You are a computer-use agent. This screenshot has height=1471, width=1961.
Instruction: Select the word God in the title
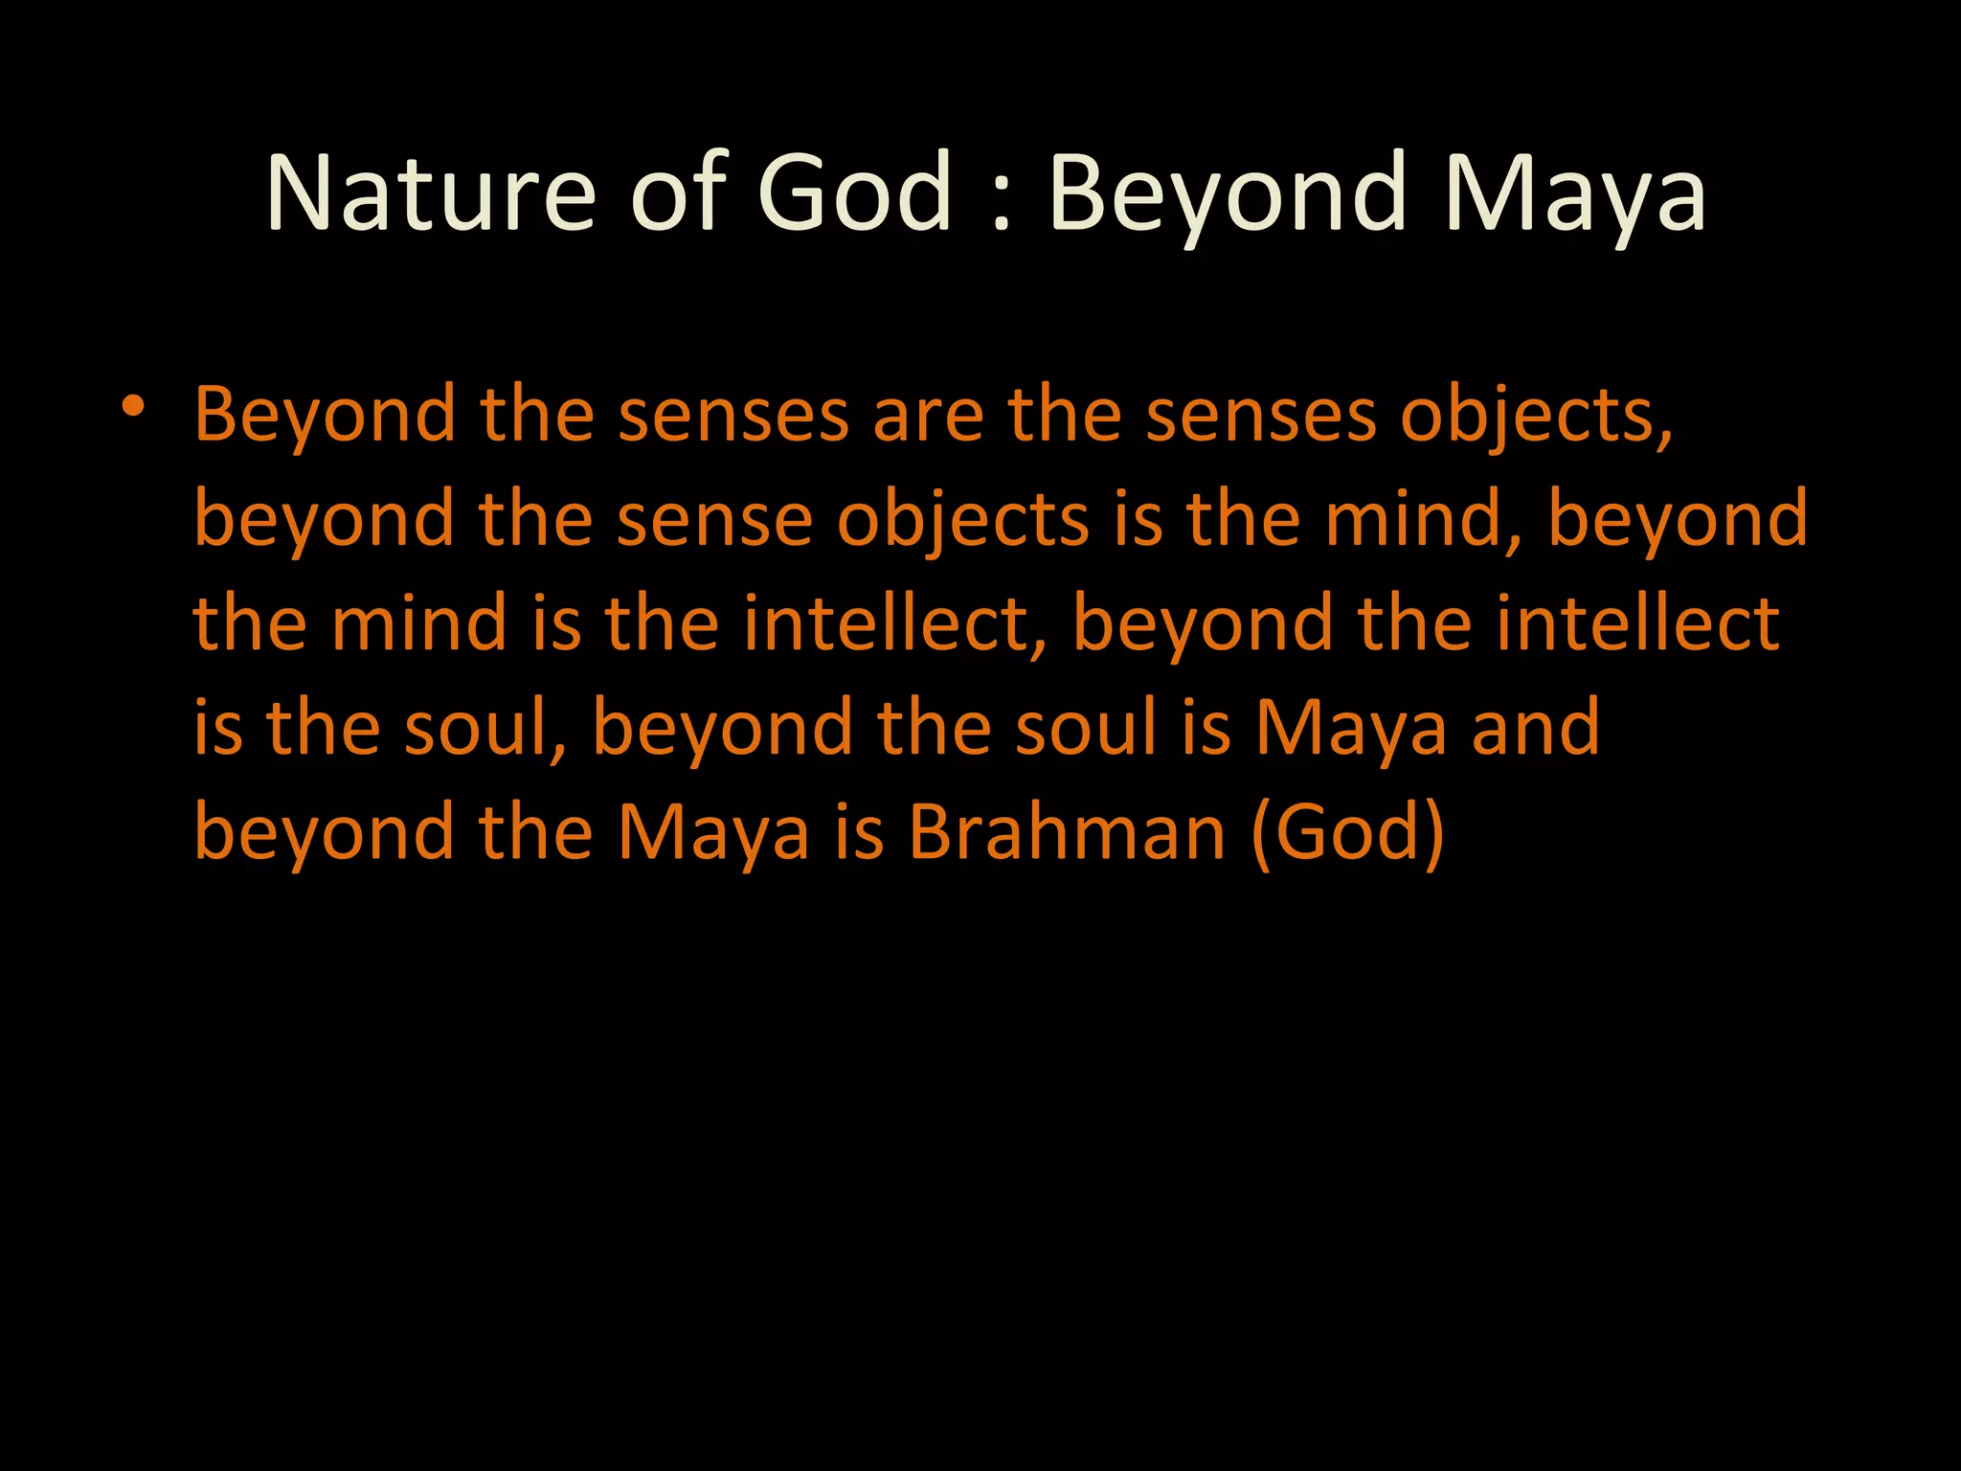coord(854,193)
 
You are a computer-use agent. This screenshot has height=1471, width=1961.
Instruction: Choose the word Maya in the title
coord(1575,193)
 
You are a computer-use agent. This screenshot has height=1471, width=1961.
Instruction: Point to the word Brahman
coord(1066,832)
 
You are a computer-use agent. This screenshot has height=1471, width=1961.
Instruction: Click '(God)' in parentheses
coord(1347,832)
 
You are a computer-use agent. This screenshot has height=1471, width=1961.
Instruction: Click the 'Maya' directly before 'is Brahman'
coord(713,832)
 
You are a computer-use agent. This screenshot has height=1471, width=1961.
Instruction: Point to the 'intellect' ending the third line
coord(1637,624)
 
